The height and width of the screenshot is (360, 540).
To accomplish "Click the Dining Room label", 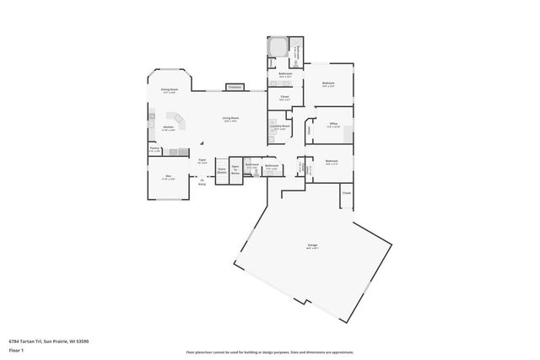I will pyautogui.click(x=170, y=89).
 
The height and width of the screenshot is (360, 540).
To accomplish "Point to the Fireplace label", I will pyautogui.click(x=234, y=87).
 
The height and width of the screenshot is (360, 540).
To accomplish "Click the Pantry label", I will pyautogui.click(x=154, y=148).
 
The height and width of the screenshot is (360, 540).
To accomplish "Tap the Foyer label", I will pyautogui.click(x=202, y=159).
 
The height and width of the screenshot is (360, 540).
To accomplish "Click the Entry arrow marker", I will pyautogui.click(x=202, y=180).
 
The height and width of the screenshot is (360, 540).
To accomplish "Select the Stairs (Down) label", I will pyautogui.click(x=222, y=169).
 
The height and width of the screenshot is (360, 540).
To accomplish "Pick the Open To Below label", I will pyautogui.click(x=236, y=169).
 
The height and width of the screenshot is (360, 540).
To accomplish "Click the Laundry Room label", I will pyautogui.click(x=280, y=126).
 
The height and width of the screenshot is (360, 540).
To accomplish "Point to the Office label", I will pyautogui.click(x=333, y=125).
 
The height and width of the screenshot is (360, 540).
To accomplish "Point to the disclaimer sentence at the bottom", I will pyautogui.click(x=269, y=352).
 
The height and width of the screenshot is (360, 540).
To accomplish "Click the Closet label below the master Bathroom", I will pyautogui.click(x=284, y=97).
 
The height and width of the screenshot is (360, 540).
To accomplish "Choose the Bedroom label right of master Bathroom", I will pyautogui.click(x=328, y=83).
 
